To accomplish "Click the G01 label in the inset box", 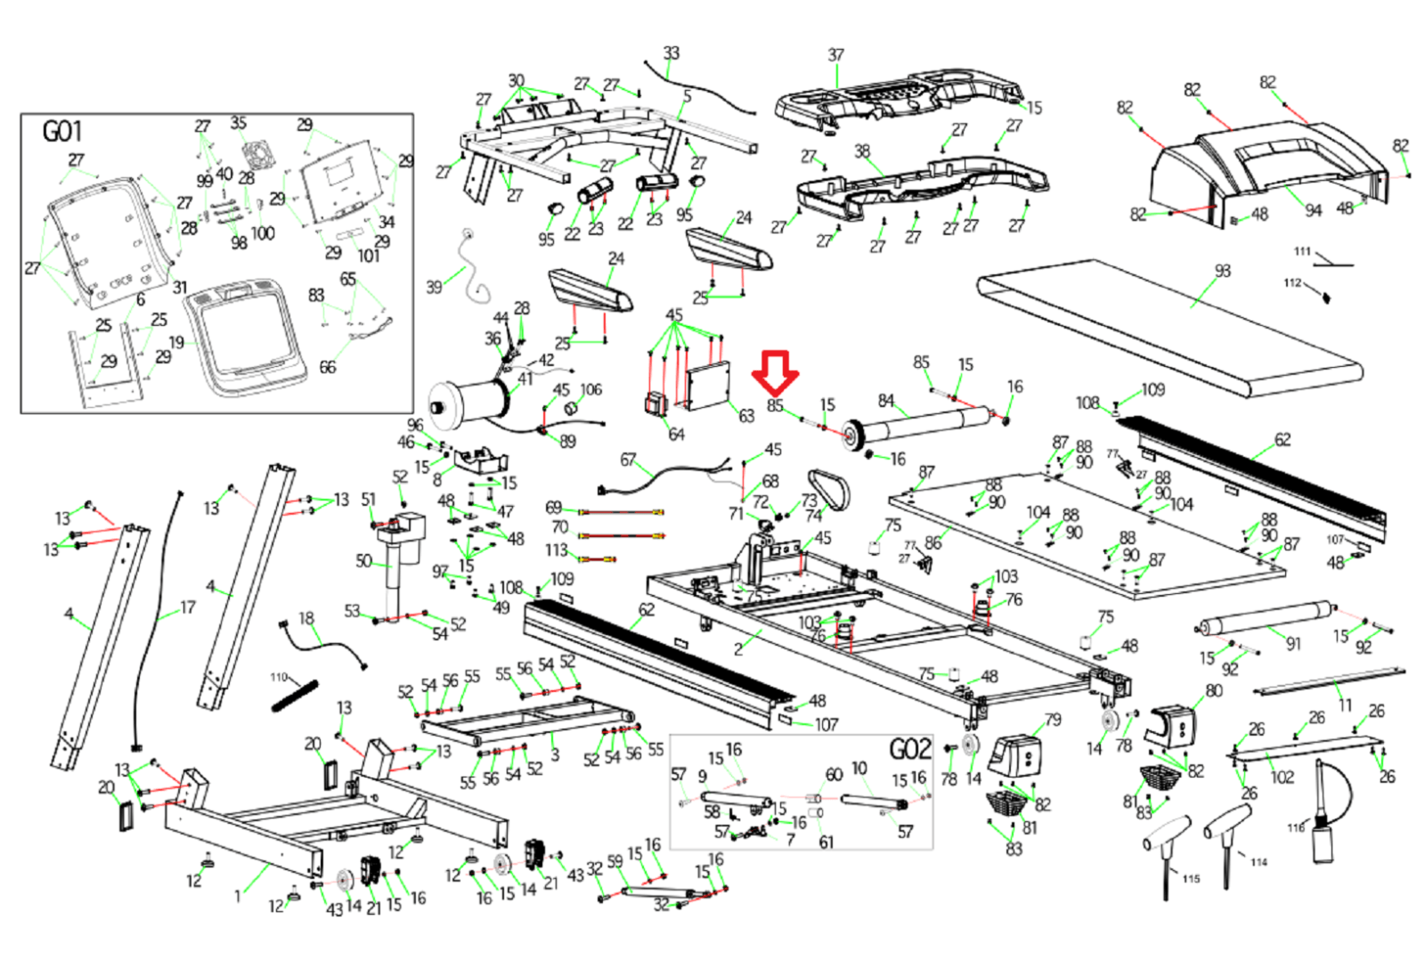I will tap(62, 132).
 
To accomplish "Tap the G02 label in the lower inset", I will tap(909, 750).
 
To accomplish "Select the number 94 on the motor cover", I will tap(1314, 210).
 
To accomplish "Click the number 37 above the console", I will tap(835, 55).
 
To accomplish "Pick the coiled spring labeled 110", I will tap(295, 696).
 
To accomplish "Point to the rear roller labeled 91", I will tap(1265, 620).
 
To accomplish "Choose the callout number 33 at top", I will tap(672, 53).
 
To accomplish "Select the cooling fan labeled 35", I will tap(256, 157).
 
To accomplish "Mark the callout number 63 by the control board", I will tap(746, 416).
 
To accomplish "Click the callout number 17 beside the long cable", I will tap(187, 607).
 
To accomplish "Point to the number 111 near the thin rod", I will tap(1302, 252).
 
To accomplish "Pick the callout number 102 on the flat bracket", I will tap(1282, 777).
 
